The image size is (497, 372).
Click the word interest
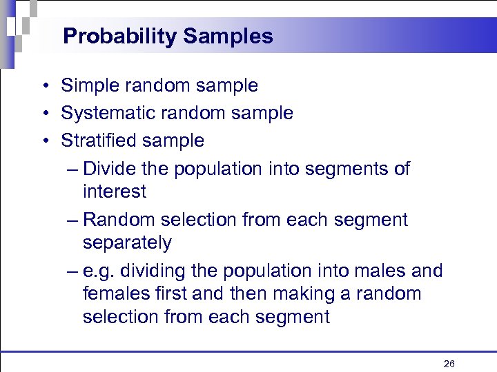pyautogui.click(x=115, y=192)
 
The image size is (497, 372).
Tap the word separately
pyautogui.click(x=127, y=243)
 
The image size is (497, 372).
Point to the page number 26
pyautogui.click(x=449, y=364)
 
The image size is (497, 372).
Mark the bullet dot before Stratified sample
pyautogui.click(x=43, y=141)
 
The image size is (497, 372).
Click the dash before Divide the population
pyautogui.click(x=73, y=169)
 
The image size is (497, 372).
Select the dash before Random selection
pyautogui.click(x=73, y=220)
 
